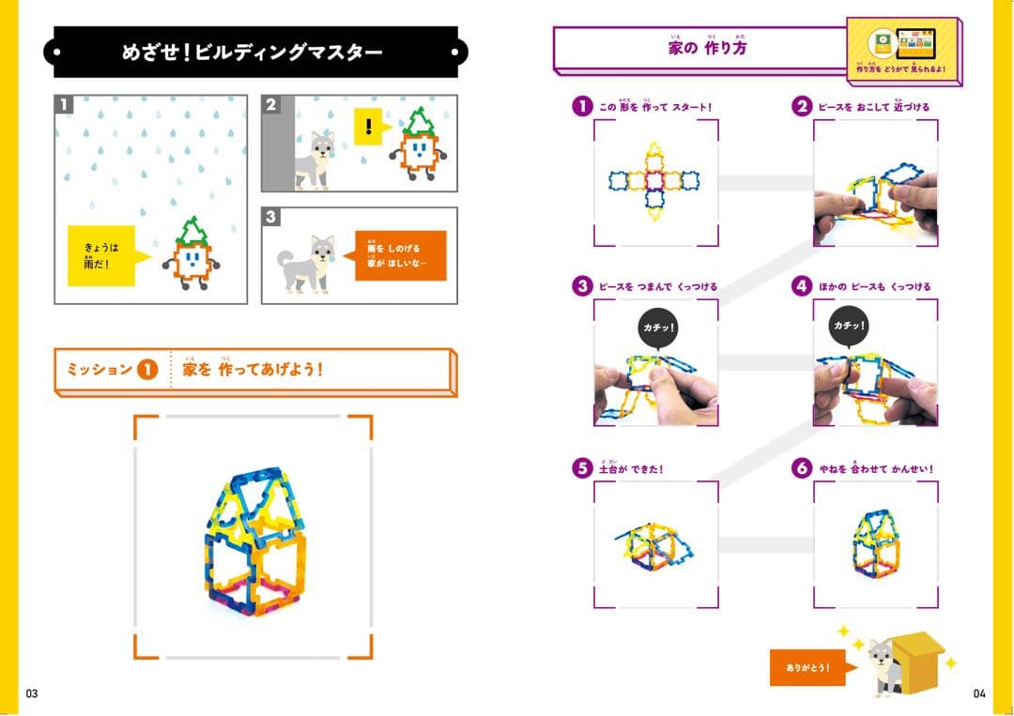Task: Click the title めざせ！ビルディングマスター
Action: (x=253, y=53)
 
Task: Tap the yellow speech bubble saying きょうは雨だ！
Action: (x=103, y=254)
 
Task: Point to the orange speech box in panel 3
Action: (x=400, y=255)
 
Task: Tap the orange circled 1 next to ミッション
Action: (x=146, y=369)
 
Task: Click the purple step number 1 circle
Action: (x=582, y=106)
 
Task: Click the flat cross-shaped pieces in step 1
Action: (x=655, y=179)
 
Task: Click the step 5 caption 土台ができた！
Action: (x=630, y=469)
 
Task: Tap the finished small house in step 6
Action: (x=876, y=543)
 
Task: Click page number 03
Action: (x=32, y=693)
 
